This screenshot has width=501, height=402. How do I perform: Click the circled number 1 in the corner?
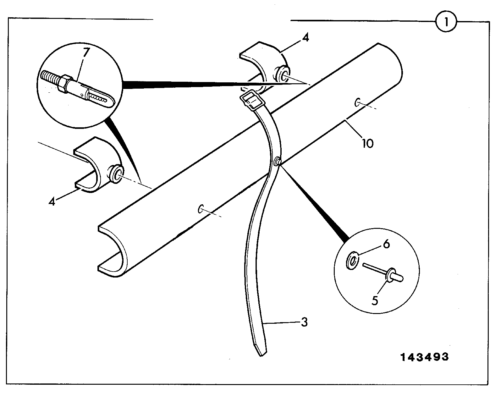446,22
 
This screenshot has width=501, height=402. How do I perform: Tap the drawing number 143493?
424,357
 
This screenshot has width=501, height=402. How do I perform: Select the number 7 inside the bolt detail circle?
86,52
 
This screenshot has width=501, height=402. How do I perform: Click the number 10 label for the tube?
368,143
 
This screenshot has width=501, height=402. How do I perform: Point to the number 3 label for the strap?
304,322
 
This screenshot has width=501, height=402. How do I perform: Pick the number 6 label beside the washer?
386,244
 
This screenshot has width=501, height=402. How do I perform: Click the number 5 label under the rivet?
375,300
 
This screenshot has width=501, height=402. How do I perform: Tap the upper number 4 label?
306,37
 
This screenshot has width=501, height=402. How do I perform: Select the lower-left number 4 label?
52,201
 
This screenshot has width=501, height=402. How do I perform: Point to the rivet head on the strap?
277,161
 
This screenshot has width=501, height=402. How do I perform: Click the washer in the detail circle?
352,260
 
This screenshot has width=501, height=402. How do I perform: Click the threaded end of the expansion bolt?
50,77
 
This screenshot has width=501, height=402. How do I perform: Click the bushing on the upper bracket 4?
282,74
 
